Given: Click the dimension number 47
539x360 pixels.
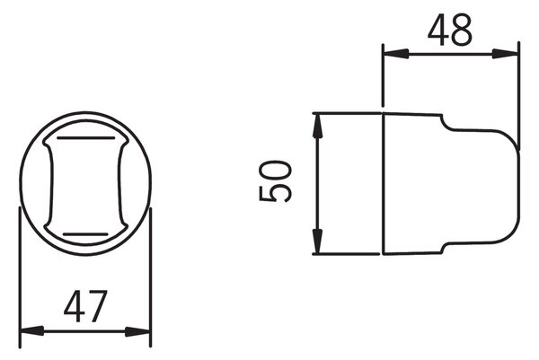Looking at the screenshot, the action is (x=85, y=306).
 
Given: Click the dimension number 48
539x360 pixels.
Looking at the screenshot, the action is (x=450, y=30).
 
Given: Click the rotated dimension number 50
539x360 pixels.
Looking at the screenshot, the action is (x=275, y=182).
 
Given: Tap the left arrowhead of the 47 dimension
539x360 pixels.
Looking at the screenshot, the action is (x=32, y=331).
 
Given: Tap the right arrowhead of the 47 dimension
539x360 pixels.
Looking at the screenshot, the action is (x=137, y=331).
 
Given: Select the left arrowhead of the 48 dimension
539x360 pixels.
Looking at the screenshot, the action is (x=396, y=54).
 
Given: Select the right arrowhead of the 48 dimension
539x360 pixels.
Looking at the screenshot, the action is (x=505, y=54).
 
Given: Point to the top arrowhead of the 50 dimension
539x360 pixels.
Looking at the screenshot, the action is (x=318, y=126).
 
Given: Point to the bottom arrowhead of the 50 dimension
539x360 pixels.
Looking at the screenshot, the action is (x=318, y=241).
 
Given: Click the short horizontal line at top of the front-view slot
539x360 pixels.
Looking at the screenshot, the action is (x=85, y=137).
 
